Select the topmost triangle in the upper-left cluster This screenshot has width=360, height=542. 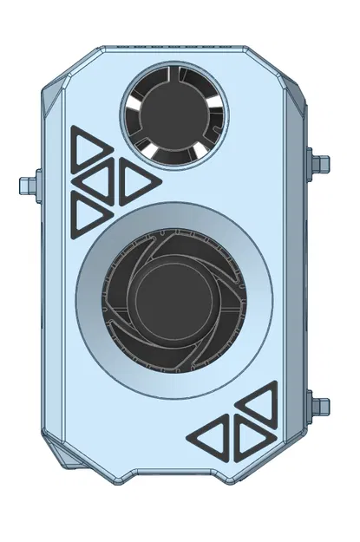coord(86,148)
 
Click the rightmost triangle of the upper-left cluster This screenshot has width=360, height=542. coord(135,180)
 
